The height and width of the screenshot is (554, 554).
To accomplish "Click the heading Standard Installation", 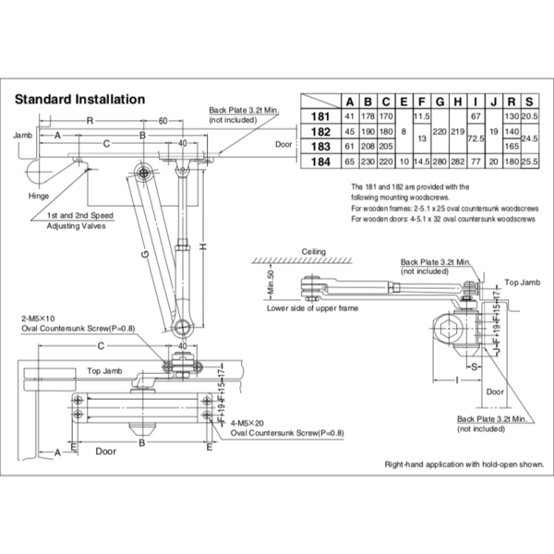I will click(78, 99).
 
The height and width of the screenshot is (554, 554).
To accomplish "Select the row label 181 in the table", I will click(320, 116).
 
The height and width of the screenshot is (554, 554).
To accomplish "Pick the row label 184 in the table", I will click(320, 161).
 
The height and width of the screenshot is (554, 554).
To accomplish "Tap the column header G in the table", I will click(439, 102).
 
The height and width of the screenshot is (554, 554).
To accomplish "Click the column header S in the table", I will click(529, 102).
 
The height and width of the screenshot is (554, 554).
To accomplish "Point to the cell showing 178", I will click(367, 116).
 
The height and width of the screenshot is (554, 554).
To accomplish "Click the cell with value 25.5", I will click(529, 161).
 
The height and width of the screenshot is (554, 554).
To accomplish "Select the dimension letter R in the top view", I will click(88, 121).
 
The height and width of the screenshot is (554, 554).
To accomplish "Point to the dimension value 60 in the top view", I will click(162, 121).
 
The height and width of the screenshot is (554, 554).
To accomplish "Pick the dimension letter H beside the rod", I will click(200, 245).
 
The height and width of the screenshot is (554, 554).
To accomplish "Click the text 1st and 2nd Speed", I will click(80, 214).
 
